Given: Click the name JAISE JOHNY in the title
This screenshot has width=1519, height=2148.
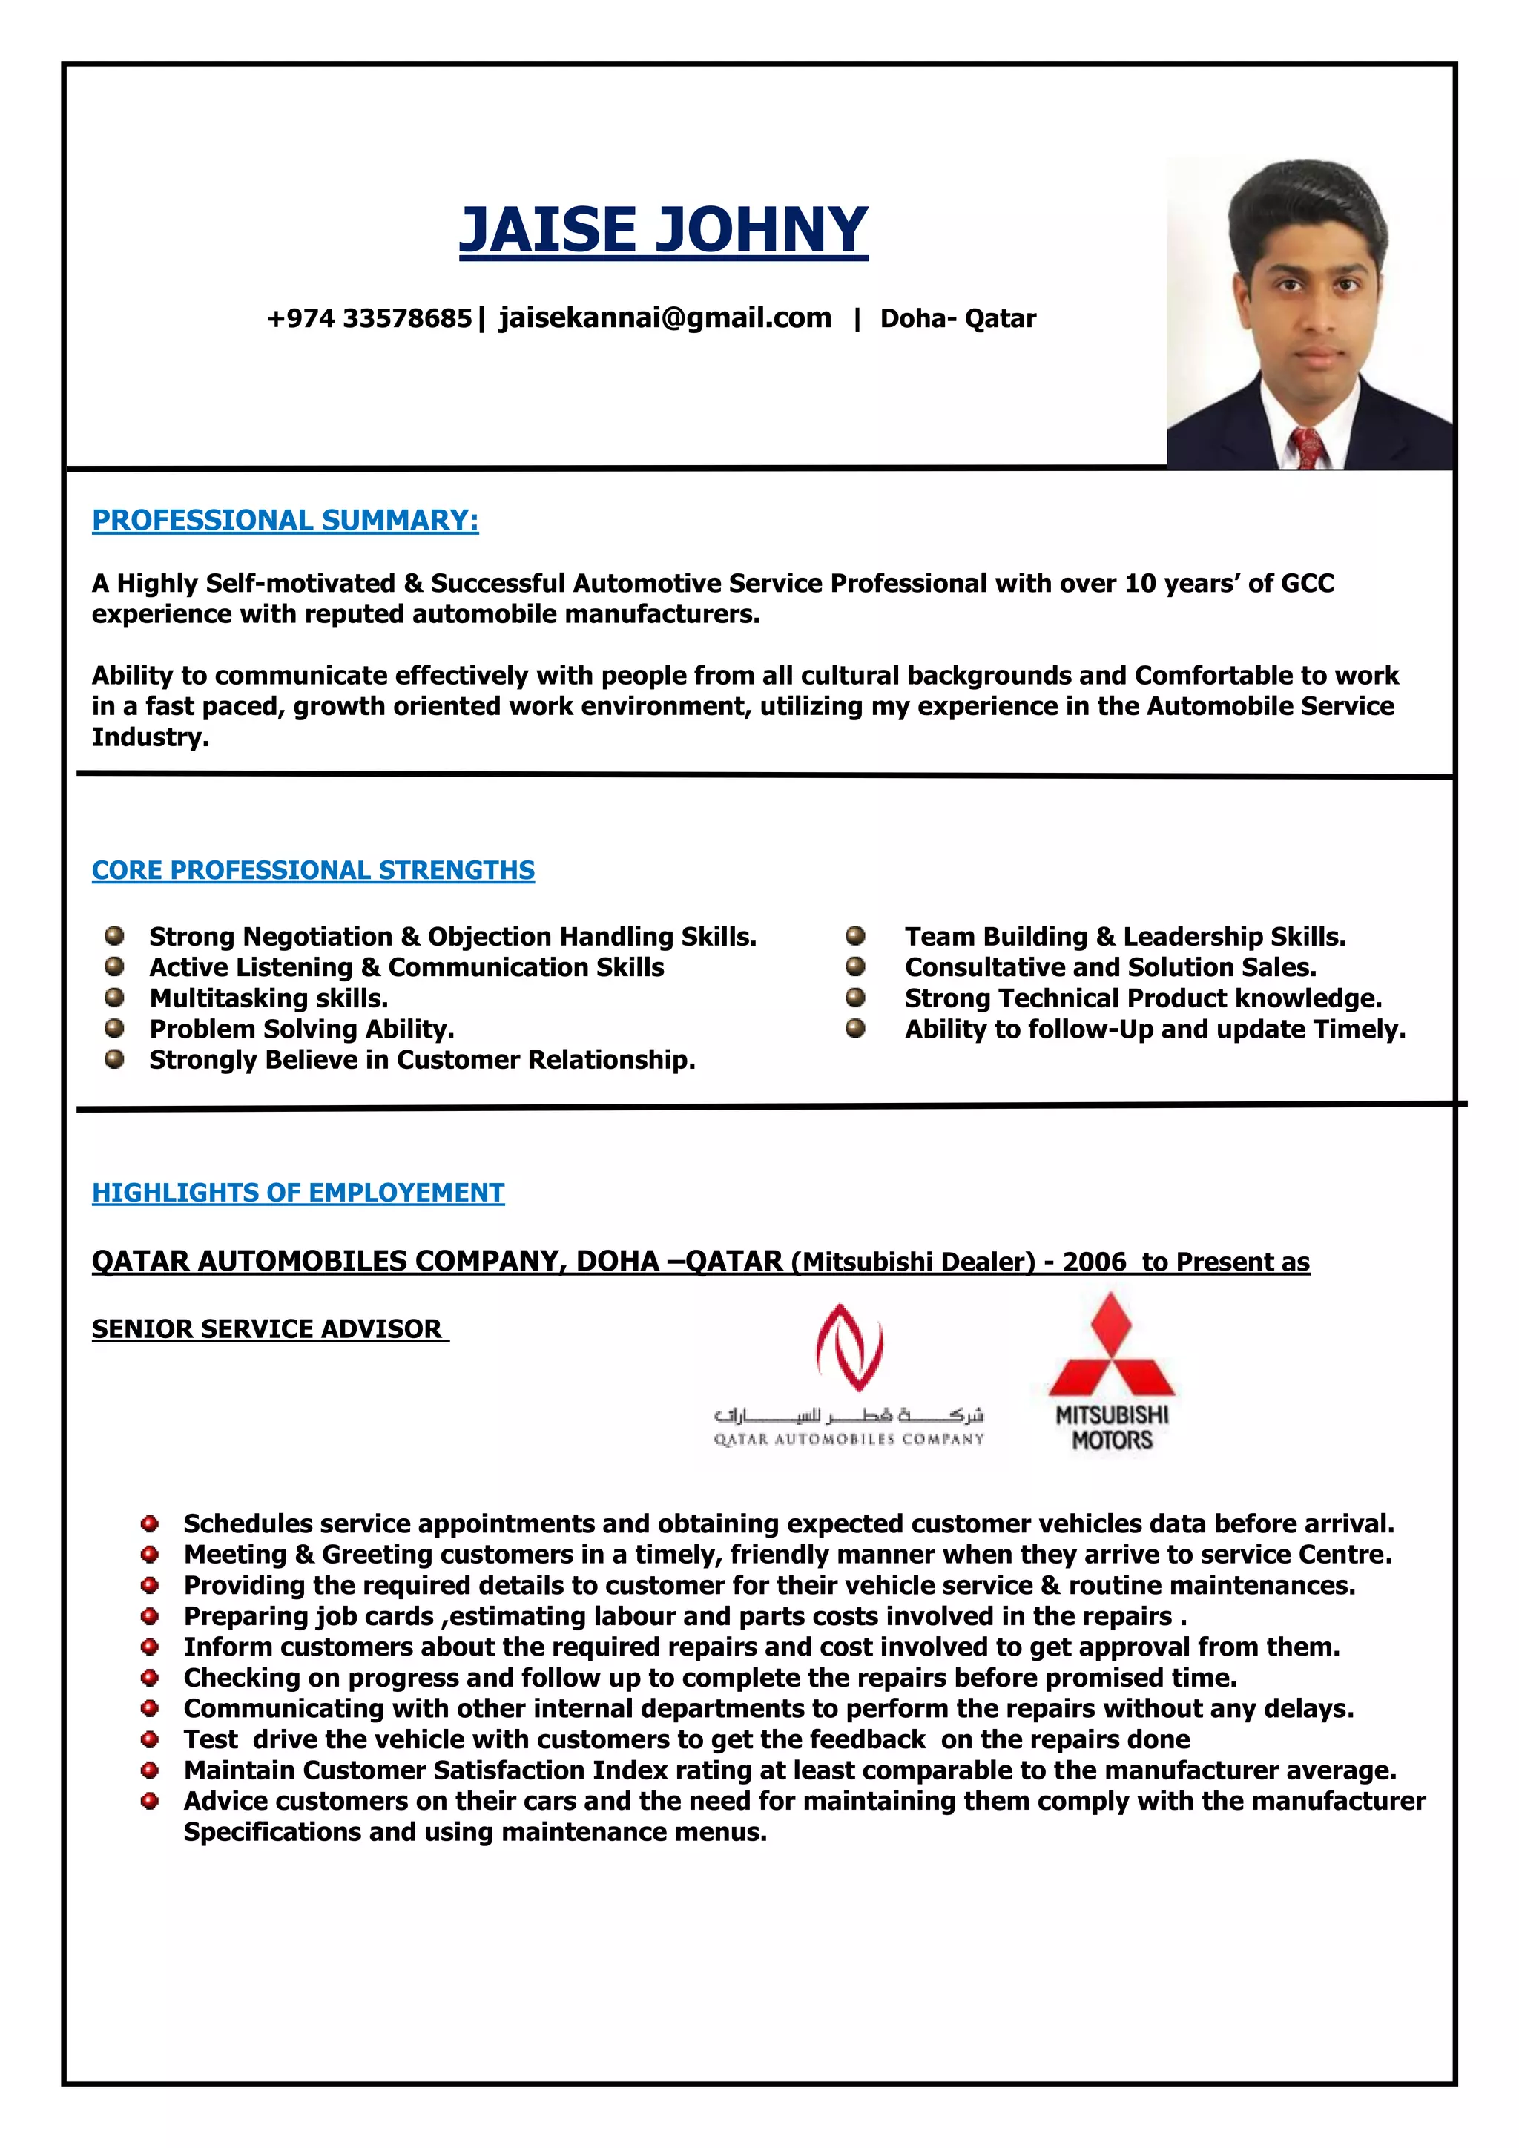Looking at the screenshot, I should tap(663, 230).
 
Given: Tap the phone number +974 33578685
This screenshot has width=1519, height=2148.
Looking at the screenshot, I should tap(369, 319).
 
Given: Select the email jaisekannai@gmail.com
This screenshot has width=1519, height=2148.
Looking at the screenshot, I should tap(665, 318).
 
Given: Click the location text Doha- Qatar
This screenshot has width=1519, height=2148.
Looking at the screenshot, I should tap(958, 319).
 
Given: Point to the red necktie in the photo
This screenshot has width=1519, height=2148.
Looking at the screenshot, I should tap(1308, 447).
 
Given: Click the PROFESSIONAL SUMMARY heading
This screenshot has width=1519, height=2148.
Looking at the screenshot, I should tap(286, 520).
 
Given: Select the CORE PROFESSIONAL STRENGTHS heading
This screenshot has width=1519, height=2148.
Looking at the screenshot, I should tap(313, 870).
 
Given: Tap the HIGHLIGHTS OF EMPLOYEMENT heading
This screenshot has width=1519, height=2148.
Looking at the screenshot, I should tap(298, 1193).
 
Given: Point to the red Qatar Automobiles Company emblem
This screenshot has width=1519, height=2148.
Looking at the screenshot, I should tap(849, 1347).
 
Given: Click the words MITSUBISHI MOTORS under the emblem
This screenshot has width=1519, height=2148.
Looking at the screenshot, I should tap(1111, 1428).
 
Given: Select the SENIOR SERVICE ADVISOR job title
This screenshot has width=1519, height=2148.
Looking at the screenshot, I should tap(269, 1328).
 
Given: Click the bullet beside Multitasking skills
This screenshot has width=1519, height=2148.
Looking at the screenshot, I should tap(114, 998).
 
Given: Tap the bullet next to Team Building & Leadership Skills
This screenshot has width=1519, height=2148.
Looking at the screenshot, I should tap(855, 935).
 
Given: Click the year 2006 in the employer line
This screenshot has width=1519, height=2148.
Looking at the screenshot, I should tap(1093, 1262).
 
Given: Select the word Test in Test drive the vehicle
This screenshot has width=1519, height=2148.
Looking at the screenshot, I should tap(211, 1739).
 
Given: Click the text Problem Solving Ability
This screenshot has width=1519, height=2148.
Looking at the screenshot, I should tap(301, 1029).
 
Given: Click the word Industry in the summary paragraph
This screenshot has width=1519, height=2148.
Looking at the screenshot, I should tap(150, 737).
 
